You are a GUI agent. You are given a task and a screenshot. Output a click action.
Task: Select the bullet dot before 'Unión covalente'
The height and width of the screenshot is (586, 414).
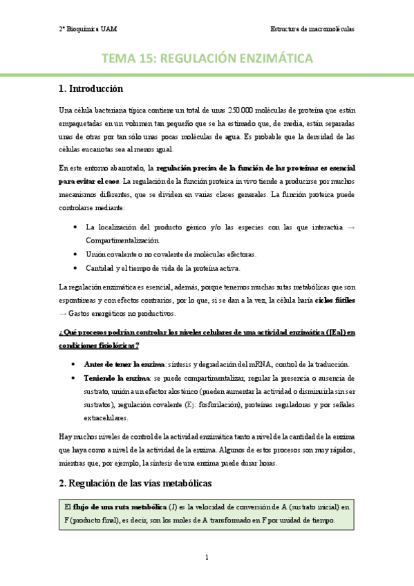(75, 254)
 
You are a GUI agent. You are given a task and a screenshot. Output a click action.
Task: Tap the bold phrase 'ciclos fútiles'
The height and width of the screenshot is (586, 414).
(335, 301)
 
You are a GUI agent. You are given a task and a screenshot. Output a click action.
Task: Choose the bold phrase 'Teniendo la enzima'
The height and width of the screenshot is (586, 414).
(115, 378)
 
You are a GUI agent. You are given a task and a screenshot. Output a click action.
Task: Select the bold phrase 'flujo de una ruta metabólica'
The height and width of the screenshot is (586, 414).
(115, 487)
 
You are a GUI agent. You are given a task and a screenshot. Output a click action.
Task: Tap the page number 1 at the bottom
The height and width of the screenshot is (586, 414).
(207, 558)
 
